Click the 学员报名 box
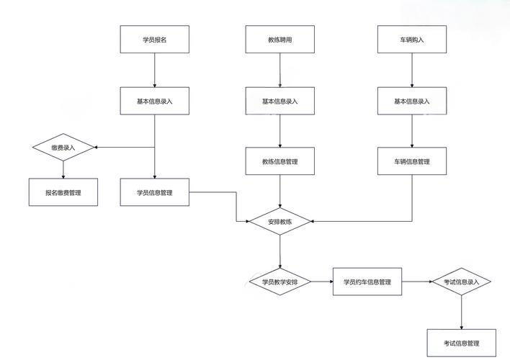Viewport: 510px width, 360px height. [x=154, y=40]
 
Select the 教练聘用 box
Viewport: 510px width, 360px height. [x=279, y=40]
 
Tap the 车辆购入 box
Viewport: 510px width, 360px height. [x=411, y=40]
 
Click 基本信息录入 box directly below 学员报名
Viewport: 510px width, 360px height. [x=154, y=102]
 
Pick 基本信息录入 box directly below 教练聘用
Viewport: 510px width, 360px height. [x=279, y=102]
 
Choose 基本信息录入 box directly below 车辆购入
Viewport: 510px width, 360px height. [x=411, y=102]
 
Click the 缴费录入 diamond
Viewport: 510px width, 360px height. [x=63, y=148]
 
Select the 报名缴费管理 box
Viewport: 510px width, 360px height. [x=63, y=192]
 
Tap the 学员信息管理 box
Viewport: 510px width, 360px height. [x=154, y=192]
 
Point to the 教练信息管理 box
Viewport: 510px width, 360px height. [x=279, y=162]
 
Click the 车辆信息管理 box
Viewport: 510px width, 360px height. [x=411, y=162]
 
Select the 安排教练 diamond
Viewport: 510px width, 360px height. [x=279, y=222]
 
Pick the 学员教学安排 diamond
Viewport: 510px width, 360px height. [x=279, y=282]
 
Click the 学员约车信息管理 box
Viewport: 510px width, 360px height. [x=367, y=282]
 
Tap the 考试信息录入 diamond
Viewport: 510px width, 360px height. [x=461, y=282]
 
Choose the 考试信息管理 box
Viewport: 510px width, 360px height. [x=461, y=342]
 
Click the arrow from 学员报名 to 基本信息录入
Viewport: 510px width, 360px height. [x=154, y=71]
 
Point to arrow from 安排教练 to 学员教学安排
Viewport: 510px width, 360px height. [x=279, y=251]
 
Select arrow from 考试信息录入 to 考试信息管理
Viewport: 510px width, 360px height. [x=461, y=311]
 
